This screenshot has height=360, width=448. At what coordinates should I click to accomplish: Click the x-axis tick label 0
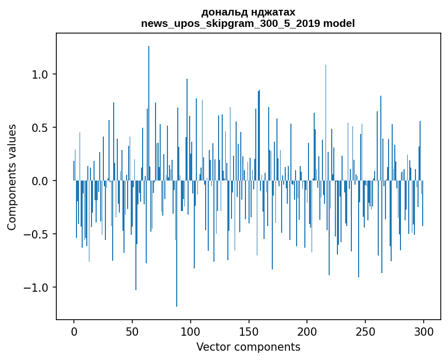tap(74, 332)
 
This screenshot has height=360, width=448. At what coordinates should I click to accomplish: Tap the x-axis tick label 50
tap(132, 332)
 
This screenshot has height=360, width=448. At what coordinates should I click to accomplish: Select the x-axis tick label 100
tap(191, 332)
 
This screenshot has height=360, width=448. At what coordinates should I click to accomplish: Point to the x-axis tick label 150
tap(249, 332)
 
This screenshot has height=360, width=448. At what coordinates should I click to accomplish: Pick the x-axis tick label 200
tap(307, 332)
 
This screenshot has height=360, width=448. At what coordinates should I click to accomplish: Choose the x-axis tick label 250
tap(365, 332)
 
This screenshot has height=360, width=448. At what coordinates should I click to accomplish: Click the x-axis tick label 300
tap(424, 332)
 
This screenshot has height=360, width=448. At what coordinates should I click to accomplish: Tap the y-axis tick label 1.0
tap(40, 74)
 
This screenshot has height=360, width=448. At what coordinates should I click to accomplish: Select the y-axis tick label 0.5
tap(40, 128)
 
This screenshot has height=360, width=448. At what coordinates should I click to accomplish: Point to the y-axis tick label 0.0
tap(40, 181)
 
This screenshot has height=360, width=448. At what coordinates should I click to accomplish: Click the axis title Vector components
tap(248, 347)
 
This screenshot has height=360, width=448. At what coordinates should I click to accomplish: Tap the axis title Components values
tap(12, 177)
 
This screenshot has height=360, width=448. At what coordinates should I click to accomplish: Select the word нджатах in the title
tap(271, 12)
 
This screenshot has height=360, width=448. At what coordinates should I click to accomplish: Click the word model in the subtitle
tap(340, 23)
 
